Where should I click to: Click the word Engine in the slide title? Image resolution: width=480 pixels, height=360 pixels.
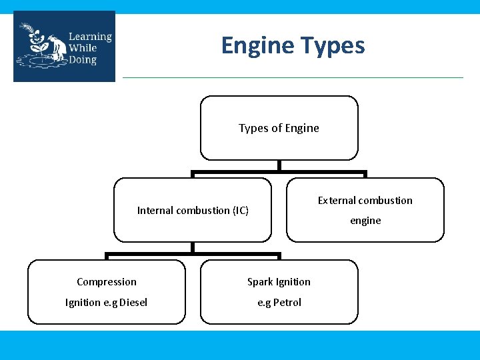point(258,46)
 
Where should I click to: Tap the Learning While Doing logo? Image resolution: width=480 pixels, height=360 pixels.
point(64,47)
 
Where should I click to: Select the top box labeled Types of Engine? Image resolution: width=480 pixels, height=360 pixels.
point(279,128)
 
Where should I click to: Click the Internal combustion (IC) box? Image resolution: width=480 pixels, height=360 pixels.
point(193,210)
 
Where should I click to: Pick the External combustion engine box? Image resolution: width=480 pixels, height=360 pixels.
point(365,210)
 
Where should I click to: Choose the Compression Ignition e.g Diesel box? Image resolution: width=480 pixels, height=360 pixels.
point(107,292)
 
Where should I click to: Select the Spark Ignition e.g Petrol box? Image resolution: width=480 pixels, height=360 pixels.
point(279,292)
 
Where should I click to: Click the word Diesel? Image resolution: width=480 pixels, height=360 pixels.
point(133,303)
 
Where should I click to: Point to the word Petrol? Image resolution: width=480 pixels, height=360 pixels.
point(287,303)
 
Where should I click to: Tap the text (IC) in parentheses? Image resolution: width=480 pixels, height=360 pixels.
point(241,211)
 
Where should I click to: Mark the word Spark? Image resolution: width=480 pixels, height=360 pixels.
point(259,282)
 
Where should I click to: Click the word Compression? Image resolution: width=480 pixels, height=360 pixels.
point(107,282)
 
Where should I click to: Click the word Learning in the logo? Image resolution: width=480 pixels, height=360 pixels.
point(89,36)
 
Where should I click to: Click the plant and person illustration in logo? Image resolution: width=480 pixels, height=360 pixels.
point(41,47)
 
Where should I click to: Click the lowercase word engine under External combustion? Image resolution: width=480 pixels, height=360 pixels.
point(365,221)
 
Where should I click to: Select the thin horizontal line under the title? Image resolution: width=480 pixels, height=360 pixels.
point(293,77)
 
